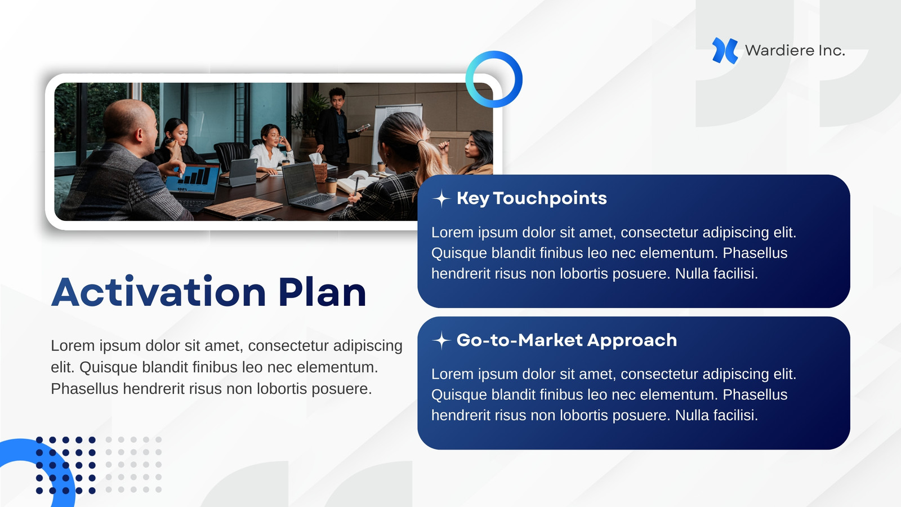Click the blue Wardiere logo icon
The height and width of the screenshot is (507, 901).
point(725,51)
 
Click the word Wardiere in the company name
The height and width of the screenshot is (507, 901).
point(774,50)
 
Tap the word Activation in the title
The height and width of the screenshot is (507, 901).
point(158,292)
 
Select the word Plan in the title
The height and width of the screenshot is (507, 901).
point(322,292)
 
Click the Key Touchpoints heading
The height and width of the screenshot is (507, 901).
point(532,198)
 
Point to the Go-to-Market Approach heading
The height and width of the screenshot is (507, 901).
point(567,340)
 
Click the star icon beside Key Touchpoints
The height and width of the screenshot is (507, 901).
point(441,198)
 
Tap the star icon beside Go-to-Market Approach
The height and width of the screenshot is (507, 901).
point(441,340)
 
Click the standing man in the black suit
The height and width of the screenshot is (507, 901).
point(334,124)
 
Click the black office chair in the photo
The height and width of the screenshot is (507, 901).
point(231,155)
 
